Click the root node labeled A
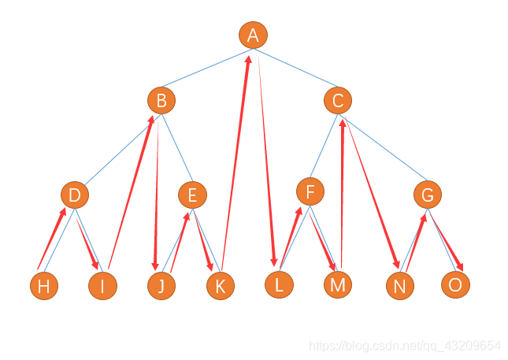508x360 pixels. [253, 35]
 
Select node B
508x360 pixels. [161, 100]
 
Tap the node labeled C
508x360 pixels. [338, 100]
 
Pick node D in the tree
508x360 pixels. [75, 195]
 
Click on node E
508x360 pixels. [192, 195]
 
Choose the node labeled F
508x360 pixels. [310, 191]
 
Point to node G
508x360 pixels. [428, 195]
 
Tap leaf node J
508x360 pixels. [161, 285]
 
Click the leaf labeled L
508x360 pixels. [279, 284]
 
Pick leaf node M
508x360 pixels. [338, 284]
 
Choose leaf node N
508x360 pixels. [400, 286]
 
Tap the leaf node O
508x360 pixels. [454, 284]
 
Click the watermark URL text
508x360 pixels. [404, 346]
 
